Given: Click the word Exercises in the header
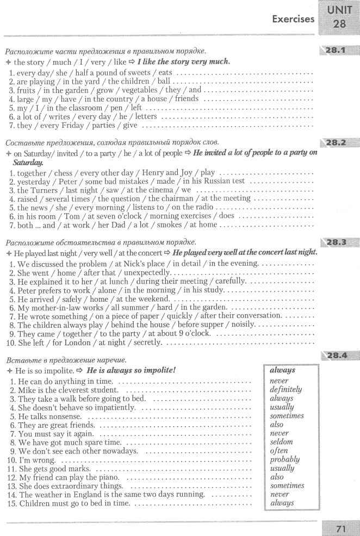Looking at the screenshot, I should (x=294, y=19).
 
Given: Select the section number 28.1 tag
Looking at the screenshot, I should (x=337, y=51).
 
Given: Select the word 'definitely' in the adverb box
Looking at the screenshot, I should (x=285, y=390).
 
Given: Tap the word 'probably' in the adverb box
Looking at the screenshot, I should (x=284, y=459).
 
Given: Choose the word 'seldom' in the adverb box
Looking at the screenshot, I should (x=281, y=442).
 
